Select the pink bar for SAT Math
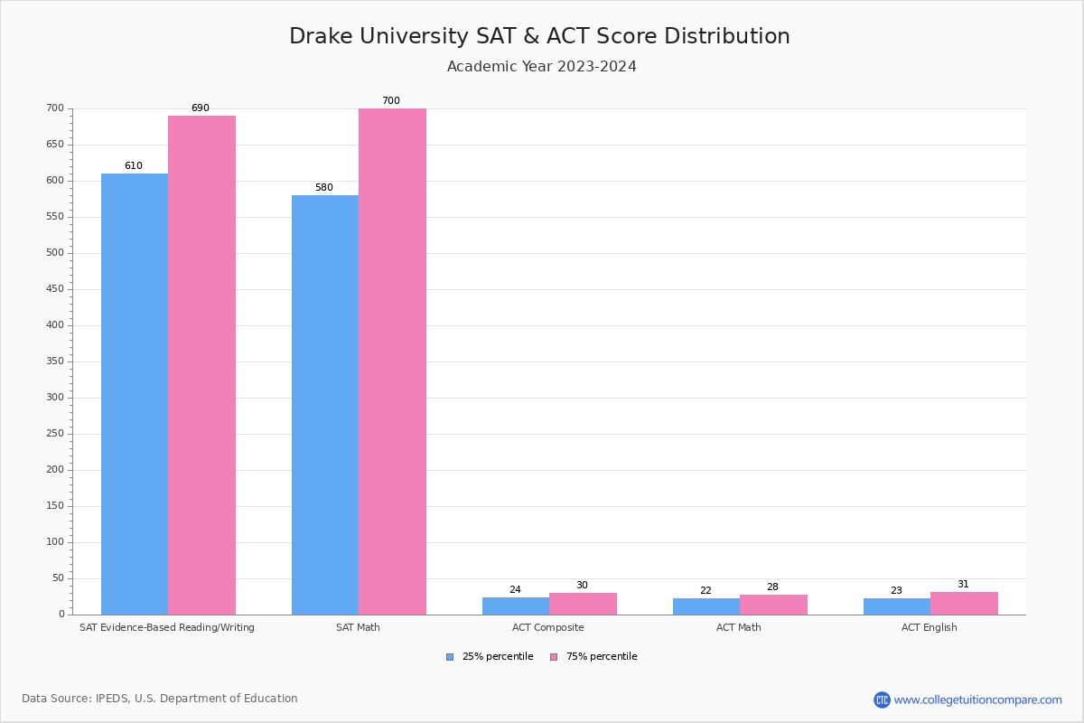click(392, 361)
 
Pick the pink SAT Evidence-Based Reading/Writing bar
click(201, 365)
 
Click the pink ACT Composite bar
click(583, 604)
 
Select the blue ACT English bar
click(896, 606)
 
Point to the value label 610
click(134, 166)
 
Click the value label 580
click(324, 188)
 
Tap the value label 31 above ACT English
click(963, 585)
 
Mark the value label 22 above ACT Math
click(706, 591)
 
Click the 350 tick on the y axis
click(55, 361)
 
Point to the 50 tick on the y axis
click(58, 578)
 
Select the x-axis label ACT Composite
click(548, 627)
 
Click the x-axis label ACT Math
click(739, 627)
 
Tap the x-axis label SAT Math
click(358, 627)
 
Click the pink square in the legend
click(554, 657)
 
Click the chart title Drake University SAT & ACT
click(539, 36)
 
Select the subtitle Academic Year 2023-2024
click(542, 67)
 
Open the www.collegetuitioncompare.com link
click(977, 700)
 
